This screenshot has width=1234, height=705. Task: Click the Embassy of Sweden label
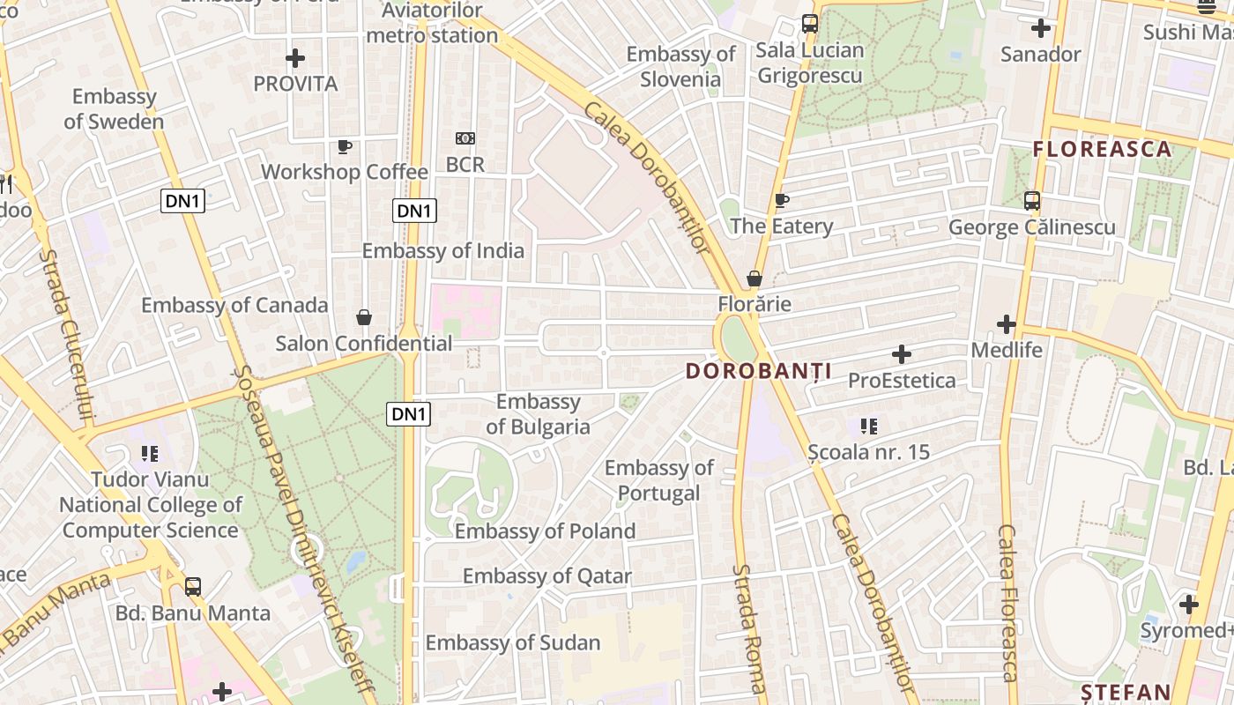[x=114, y=109]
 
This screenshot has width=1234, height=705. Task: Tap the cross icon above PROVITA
[x=295, y=59]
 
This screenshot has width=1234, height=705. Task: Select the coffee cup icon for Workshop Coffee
[x=345, y=146]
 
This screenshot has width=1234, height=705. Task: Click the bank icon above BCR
[x=465, y=138]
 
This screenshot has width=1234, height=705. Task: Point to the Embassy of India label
[x=443, y=251]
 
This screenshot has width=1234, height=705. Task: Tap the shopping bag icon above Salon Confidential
[x=363, y=317]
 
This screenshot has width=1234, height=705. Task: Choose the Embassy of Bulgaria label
[x=538, y=414]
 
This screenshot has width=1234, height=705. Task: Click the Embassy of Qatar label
[x=547, y=576]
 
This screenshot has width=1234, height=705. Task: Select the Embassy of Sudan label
[x=513, y=643]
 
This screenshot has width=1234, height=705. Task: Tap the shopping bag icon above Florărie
[x=754, y=279]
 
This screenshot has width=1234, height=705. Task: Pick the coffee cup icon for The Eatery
[x=781, y=201]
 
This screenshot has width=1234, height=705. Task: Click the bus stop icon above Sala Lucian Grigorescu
[x=809, y=25]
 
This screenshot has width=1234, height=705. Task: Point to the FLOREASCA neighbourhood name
[x=1102, y=149]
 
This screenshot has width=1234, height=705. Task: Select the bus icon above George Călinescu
[x=1031, y=201]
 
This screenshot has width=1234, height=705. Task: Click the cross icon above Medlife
[x=1007, y=324]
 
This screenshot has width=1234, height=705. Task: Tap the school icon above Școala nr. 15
[x=869, y=427]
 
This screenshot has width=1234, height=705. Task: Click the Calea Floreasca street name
[x=1008, y=603]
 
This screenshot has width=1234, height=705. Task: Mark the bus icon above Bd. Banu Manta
[x=192, y=587]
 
